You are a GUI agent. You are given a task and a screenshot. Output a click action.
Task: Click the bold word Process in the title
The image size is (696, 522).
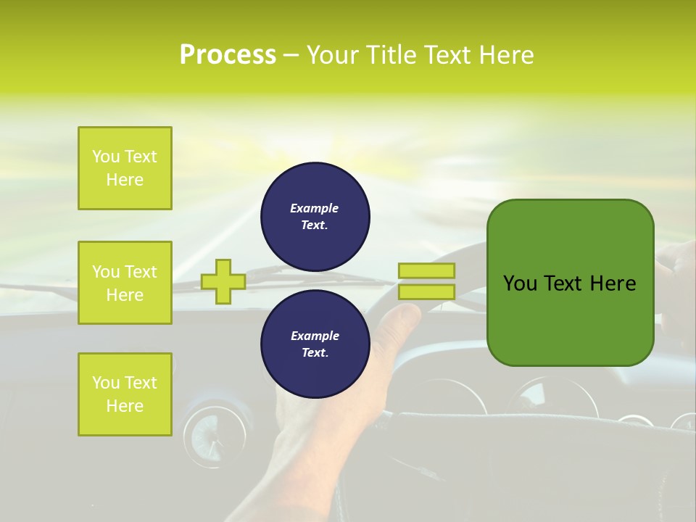click(228, 55)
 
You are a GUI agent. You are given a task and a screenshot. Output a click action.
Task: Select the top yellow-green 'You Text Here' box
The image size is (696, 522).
click(125, 168)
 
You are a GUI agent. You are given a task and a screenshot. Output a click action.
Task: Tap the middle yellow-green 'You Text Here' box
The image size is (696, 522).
click(125, 283)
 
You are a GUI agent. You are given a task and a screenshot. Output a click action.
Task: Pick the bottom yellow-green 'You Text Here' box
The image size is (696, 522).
click(125, 394)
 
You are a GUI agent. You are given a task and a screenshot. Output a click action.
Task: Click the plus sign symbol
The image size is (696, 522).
click(223, 281)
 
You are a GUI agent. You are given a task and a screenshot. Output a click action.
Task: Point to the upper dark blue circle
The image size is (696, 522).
click(315, 217)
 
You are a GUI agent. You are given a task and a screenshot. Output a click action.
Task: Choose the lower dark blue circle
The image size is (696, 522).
click(315, 344)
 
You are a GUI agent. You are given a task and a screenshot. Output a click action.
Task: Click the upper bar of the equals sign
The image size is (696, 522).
click(426, 270)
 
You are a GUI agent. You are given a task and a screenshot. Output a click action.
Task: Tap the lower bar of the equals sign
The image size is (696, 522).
click(426, 292)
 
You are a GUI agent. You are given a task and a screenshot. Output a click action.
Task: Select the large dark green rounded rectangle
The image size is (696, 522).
click(571, 282)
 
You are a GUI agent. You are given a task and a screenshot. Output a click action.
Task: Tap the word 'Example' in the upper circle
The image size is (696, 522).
click(315, 208)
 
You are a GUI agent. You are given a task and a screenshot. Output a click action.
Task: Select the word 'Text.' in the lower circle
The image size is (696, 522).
click(315, 353)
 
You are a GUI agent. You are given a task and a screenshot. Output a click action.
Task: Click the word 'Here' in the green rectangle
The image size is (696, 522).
click(613, 283)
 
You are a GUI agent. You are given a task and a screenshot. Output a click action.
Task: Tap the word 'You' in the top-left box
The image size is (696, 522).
click(106, 157)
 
